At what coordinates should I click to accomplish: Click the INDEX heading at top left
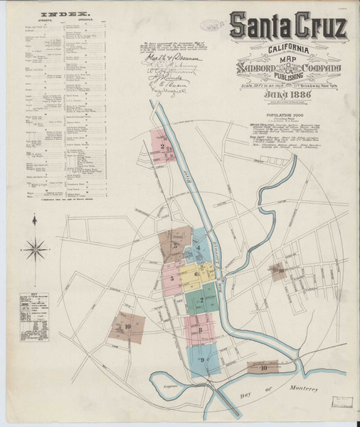click(60, 14)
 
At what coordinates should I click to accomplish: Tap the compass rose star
click(36, 248)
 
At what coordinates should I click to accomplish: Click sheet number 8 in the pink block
click(201, 330)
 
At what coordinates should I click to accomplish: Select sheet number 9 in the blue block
click(202, 361)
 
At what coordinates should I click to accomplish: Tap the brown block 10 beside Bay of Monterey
click(263, 367)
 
